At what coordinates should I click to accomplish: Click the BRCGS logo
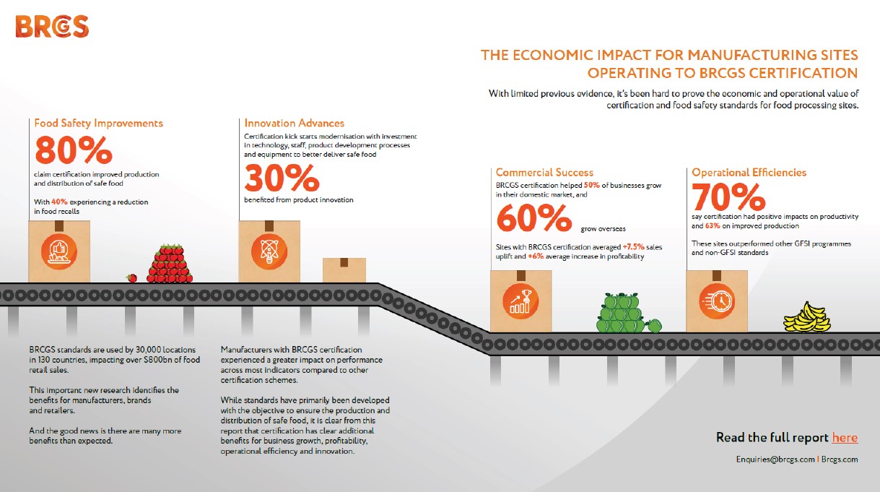pyautogui.click(x=52, y=27)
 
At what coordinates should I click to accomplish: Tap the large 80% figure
pyautogui.click(x=74, y=150)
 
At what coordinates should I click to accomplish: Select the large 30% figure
pyautogui.click(x=282, y=178)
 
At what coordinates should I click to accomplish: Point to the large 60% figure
pyautogui.click(x=534, y=217)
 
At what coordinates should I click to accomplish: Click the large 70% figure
pyautogui.click(x=728, y=197)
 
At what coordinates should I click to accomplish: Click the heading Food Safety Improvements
pyautogui.click(x=98, y=124)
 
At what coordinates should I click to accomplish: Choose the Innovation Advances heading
pyautogui.click(x=295, y=123)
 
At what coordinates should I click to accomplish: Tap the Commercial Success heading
pyautogui.click(x=544, y=172)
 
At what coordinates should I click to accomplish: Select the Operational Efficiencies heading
pyautogui.click(x=749, y=172)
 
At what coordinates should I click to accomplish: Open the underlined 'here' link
pyautogui.click(x=845, y=437)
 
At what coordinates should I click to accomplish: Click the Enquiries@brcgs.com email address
pyautogui.click(x=775, y=459)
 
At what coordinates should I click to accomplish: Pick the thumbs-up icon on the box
pyautogui.click(x=59, y=251)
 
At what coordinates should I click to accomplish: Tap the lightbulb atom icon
pyautogui.click(x=269, y=251)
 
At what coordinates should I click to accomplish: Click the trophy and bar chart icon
pyautogui.click(x=520, y=302)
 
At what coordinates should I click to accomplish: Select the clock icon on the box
pyautogui.click(x=717, y=302)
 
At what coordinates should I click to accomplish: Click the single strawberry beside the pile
pyautogui.click(x=132, y=278)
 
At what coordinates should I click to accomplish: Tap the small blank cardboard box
pyautogui.click(x=344, y=269)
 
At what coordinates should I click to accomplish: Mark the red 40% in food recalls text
pyautogui.click(x=59, y=202)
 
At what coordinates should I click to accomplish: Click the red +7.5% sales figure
pyautogui.click(x=633, y=247)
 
